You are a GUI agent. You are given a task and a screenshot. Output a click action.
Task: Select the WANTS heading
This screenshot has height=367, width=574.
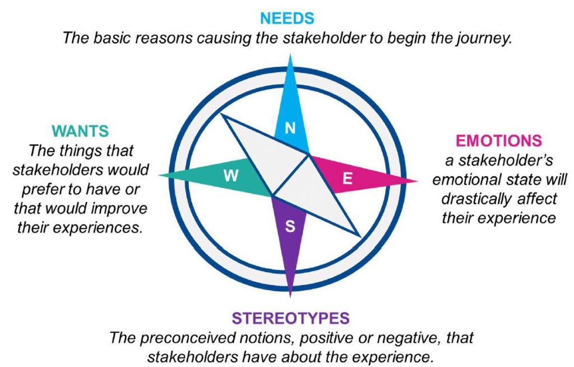80,131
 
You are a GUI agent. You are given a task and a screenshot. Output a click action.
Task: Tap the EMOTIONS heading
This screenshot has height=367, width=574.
499,141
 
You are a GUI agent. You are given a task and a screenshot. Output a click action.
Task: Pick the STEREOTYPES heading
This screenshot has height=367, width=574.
290,319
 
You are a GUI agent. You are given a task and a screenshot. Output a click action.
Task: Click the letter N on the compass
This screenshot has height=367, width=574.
290,129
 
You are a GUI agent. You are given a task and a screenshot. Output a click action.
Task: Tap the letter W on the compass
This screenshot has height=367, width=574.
230,176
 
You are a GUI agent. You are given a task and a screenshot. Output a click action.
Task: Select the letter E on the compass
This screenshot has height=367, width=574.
348,178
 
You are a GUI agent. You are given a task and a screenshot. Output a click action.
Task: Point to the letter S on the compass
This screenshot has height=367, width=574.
290,227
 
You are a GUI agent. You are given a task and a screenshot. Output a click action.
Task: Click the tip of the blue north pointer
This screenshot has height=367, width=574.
290,56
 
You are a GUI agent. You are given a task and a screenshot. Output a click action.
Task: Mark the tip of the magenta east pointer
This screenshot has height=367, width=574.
416,181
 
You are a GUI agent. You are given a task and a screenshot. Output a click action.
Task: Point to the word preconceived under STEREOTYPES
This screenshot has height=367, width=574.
186,338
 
